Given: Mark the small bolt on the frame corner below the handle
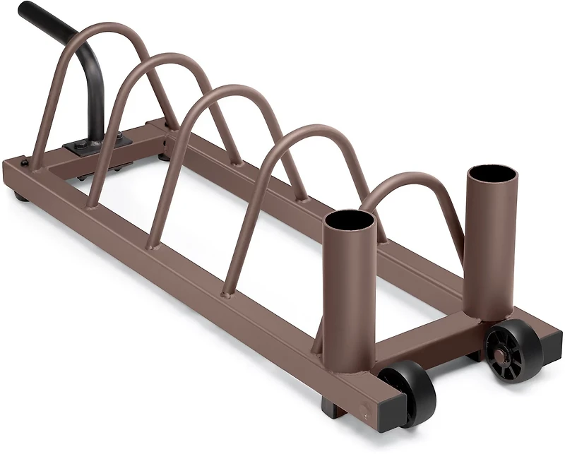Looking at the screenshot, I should point(24,163).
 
